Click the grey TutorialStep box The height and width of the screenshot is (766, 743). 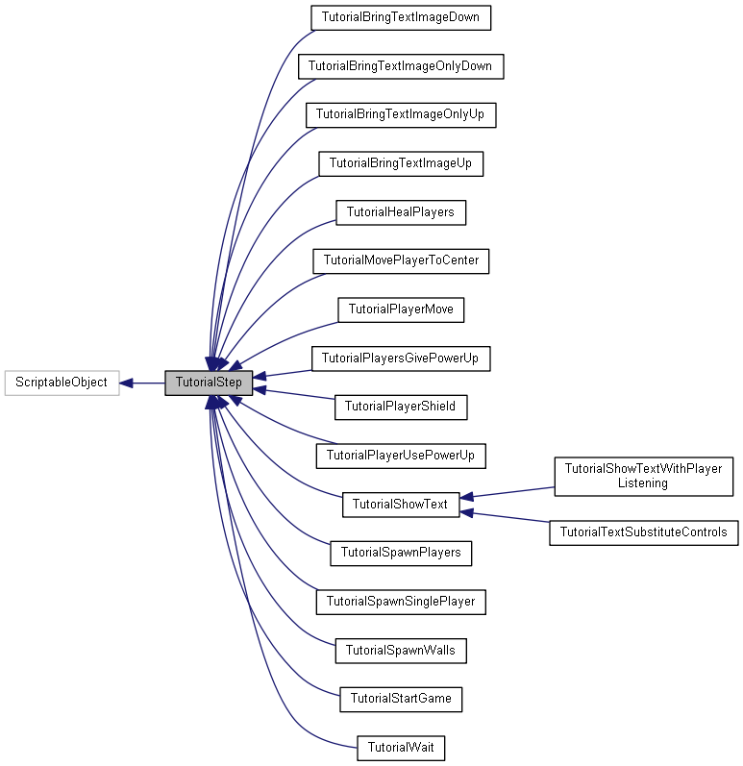209,383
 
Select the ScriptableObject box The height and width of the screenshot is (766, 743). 62,383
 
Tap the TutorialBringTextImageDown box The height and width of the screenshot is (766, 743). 401,17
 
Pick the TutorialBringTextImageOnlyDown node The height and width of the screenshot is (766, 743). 401,66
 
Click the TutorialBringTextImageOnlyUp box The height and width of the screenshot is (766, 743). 401,115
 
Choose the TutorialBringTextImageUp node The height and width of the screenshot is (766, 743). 401,163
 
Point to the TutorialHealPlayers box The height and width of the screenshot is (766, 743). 401,212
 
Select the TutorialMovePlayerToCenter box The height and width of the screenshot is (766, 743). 401,260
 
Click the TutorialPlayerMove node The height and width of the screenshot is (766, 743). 401,309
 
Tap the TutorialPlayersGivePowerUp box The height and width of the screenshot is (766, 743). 401,358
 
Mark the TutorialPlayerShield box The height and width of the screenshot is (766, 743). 401,407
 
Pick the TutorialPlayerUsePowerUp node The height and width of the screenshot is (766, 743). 401,456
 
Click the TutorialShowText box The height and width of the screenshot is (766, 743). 401,504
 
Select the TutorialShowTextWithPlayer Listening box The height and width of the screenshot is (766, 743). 643,476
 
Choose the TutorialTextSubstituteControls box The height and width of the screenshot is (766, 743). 643,531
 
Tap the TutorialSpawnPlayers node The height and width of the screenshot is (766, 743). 401,553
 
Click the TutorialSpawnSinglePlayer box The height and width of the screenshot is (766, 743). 401,602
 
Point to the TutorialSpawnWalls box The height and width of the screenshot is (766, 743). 401,651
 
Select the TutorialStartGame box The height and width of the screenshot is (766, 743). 401,699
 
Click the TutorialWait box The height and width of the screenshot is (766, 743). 401,748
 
